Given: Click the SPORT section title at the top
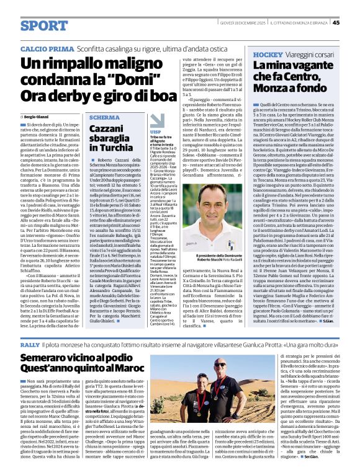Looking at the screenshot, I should (x=44, y=25).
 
